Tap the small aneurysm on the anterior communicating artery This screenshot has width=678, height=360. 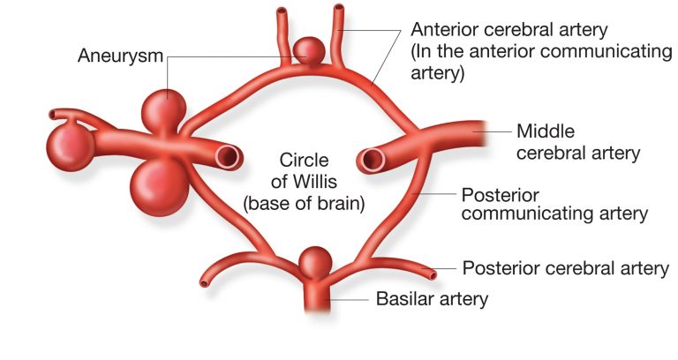click(308, 49)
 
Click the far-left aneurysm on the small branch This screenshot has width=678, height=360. click(69, 140)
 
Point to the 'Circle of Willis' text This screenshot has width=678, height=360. click(304, 171)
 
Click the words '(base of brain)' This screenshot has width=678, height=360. click(304, 204)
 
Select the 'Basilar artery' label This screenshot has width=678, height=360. click(432, 299)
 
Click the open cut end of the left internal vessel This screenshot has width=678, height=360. click(229, 158)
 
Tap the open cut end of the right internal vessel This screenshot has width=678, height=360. click(371, 160)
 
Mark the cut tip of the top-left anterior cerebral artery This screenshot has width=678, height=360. click(281, 13)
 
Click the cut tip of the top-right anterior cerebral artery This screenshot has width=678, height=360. click(337, 11)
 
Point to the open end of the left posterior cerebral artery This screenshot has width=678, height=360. click(205, 283)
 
